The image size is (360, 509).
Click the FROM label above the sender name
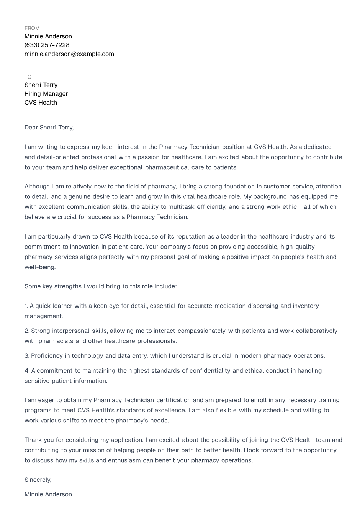[32, 28]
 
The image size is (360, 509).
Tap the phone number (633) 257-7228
[47, 45]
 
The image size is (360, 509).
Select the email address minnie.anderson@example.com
[69, 54]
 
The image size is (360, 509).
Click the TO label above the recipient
[28, 77]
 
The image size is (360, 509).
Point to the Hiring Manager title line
[46, 94]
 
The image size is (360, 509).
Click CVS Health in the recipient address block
[41, 103]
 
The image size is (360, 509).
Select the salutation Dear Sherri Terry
[49, 128]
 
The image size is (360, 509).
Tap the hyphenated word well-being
[40, 267]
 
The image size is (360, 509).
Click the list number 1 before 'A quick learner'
[26, 306]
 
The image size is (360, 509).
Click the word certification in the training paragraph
[173, 400]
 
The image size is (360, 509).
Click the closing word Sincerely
[38, 480]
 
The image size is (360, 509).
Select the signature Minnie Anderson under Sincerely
[48, 494]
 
